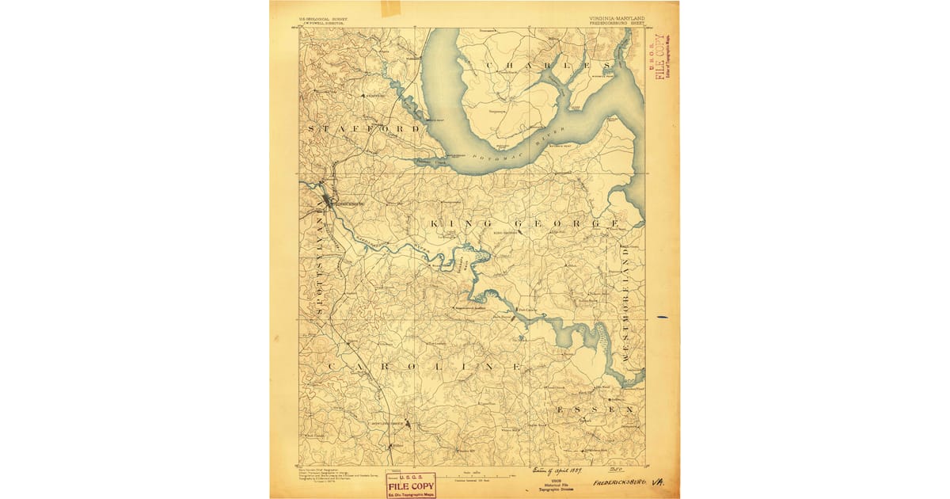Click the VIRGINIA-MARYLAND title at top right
(x=617, y=17)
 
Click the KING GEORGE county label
(x=524, y=224)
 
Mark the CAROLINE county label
(x=423, y=368)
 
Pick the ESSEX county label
(x=595, y=409)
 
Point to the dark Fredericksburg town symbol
(x=327, y=202)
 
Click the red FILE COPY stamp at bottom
(x=410, y=485)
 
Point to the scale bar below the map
(x=472, y=474)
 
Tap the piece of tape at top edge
(x=391, y=9)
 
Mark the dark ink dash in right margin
(x=662, y=317)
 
